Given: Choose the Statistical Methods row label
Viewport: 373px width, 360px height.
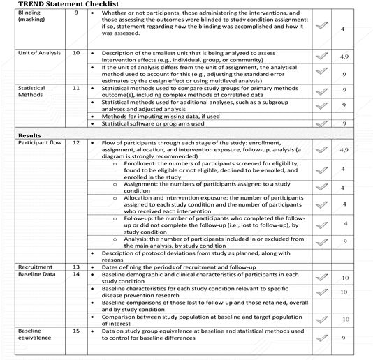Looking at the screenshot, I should coord(19,93).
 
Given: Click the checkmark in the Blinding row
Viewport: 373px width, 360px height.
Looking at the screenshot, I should coord(322,26).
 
